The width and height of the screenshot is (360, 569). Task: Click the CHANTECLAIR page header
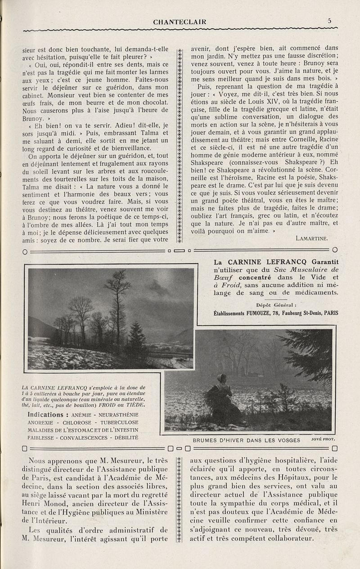click(180, 21)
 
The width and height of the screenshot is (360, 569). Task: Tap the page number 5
click(330, 20)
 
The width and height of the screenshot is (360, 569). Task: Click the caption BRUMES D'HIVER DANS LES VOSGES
click(246, 440)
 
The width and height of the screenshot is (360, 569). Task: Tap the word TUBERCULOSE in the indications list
click(119, 422)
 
